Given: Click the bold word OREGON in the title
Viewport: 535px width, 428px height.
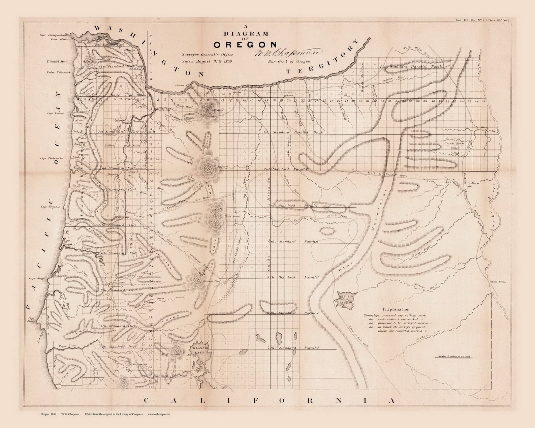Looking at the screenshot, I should pyautogui.click(x=245, y=44).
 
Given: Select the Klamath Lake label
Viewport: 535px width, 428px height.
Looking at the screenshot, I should pyautogui.click(x=200, y=349).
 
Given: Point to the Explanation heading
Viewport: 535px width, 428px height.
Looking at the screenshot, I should pyautogui.click(x=396, y=309).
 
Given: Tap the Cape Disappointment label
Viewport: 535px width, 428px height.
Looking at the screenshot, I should pyautogui.click(x=54, y=35).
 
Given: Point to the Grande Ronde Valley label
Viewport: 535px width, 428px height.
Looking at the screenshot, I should pyautogui.click(x=454, y=146).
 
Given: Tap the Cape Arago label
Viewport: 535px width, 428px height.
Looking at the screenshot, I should pyautogui.click(x=37, y=278).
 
